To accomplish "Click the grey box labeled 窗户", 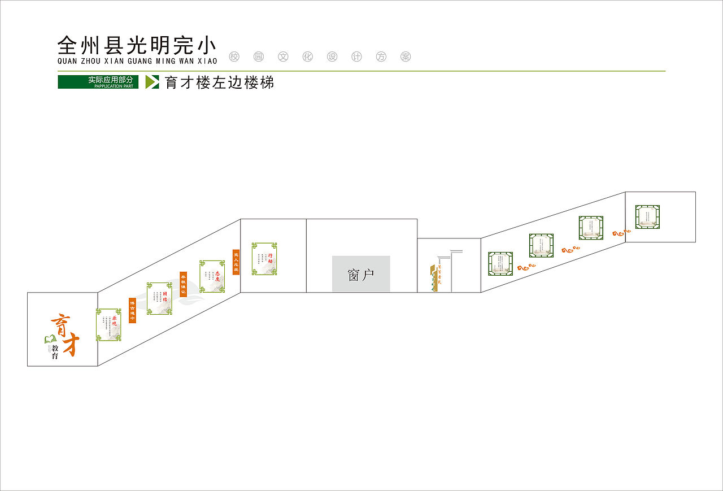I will pyautogui.click(x=361, y=274).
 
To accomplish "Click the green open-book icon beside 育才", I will pyautogui.click(x=50, y=339).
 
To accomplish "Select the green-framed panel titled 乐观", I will pyautogui.click(x=108, y=325).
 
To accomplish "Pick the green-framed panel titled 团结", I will pyautogui.click(x=159, y=298).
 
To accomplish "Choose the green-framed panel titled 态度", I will pyautogui.click(x=212, y=276).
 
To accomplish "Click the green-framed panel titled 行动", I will pyautogui.click(x=264, y=259).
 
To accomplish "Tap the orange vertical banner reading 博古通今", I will pyautogui.click(x=132, y=310).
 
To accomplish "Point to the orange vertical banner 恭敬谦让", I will pyautogui.click(x=183, y=284).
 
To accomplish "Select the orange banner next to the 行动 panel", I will pyautogui.click(x=236, y=262).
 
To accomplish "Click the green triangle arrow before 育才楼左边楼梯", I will pyautogui.click(x=151, y=82).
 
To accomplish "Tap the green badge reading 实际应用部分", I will pyautogui.click(x=98, y=82).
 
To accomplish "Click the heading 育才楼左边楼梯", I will pyautogui.click(x=220, y=82).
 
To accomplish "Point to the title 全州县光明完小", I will pyautogui.click(x=137, y=45).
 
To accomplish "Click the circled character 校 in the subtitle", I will pyautogui.click(x=234, y=57).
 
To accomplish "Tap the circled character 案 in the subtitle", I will pyautogui.click(x=405, y=57).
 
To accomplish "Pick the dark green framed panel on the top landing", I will pyautogui.click(x=647, y=217).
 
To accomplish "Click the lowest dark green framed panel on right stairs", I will pyautogui.click(x=500, y=264).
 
